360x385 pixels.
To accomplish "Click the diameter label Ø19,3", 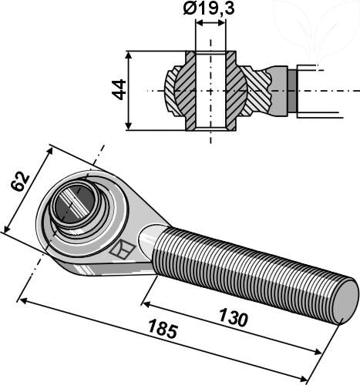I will pos(210,10).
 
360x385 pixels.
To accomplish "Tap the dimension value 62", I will pos(21,182).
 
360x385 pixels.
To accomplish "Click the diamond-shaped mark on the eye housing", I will pos(120,249).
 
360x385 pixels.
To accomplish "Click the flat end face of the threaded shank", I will pos(345,300).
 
